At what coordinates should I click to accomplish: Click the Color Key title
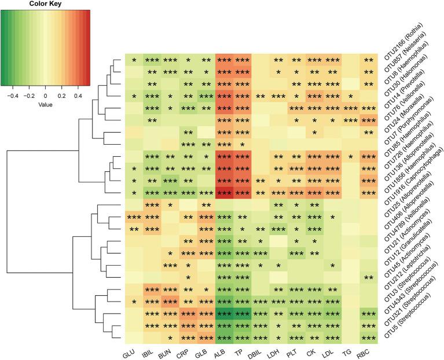tap(45, 4)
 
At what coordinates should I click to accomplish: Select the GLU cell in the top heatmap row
tap(134, 60)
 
